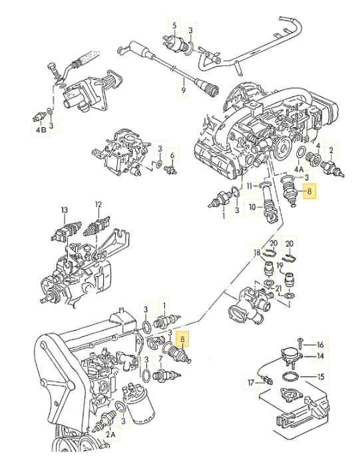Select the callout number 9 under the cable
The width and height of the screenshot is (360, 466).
coord(183,88)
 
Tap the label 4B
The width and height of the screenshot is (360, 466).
coord(41,129)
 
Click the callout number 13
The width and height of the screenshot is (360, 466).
coord(65,210)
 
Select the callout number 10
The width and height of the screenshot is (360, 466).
coord(253,206)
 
